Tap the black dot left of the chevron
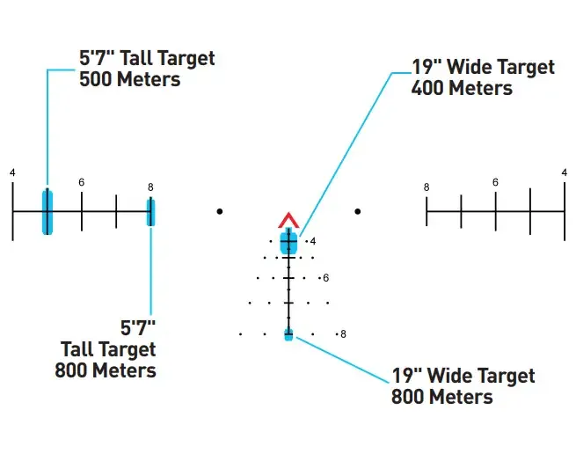pos(220,211)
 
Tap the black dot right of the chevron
pos(358,211)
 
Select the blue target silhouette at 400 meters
pos(288,241)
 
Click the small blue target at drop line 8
pos(288,334)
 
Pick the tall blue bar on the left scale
pos(47,212)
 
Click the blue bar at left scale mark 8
pos(150,212)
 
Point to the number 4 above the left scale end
pos(12,172)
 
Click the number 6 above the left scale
pos(82,182)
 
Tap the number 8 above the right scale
pos(427,187)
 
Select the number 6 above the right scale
pos(496,182)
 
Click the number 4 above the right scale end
pos(565,172)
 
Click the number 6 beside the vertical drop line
pos(326,278)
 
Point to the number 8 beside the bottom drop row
pos(343,334)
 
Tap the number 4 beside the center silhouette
pos(313,241)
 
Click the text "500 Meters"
pos(130,79)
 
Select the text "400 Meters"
pos(462,88)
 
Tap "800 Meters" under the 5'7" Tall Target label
pos(106,370)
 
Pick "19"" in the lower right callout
pos(406,376)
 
